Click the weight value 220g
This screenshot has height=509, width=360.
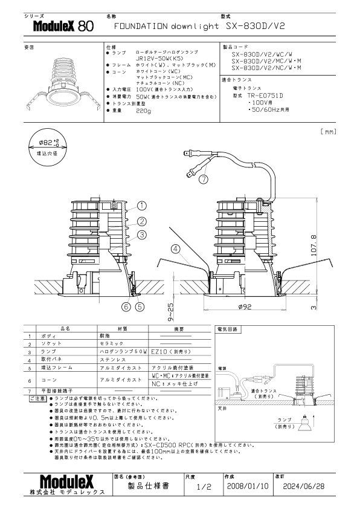144,111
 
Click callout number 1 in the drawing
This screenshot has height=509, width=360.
142,206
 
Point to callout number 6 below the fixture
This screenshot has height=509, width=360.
126,306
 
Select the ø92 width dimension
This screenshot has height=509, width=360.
245,307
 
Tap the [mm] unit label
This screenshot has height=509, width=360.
329,131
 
